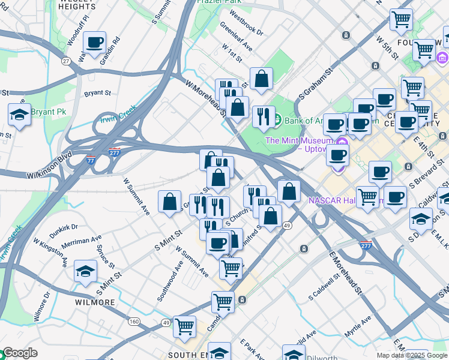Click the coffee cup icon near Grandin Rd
pos(94,43)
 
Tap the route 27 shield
pos(65,60)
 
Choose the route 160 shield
pos(134,322)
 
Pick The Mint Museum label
pos(299,140)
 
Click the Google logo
pos(19,353)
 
